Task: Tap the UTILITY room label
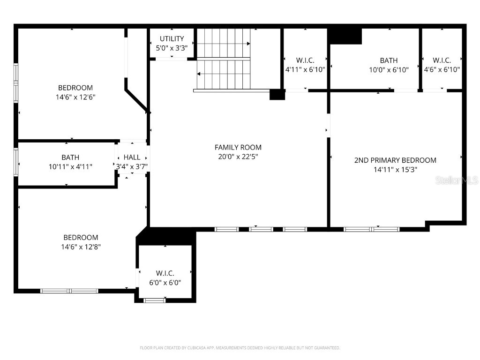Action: click(172, 38)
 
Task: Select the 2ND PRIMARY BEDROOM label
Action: click(395, 160)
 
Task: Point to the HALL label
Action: click(132, 157)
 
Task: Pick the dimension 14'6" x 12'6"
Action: click(75, 97)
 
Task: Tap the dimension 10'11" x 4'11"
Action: click(70, 166)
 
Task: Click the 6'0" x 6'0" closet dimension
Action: click(165, 282)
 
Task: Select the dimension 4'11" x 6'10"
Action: click(305, 69)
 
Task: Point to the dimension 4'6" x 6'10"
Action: click(442, 69)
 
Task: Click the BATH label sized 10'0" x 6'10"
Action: click(389, 60)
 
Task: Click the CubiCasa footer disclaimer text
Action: click(240, 348)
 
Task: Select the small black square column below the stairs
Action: click(277, 94)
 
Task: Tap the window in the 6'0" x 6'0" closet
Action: click(154, 300)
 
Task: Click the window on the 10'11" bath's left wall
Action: click(16, 162)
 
